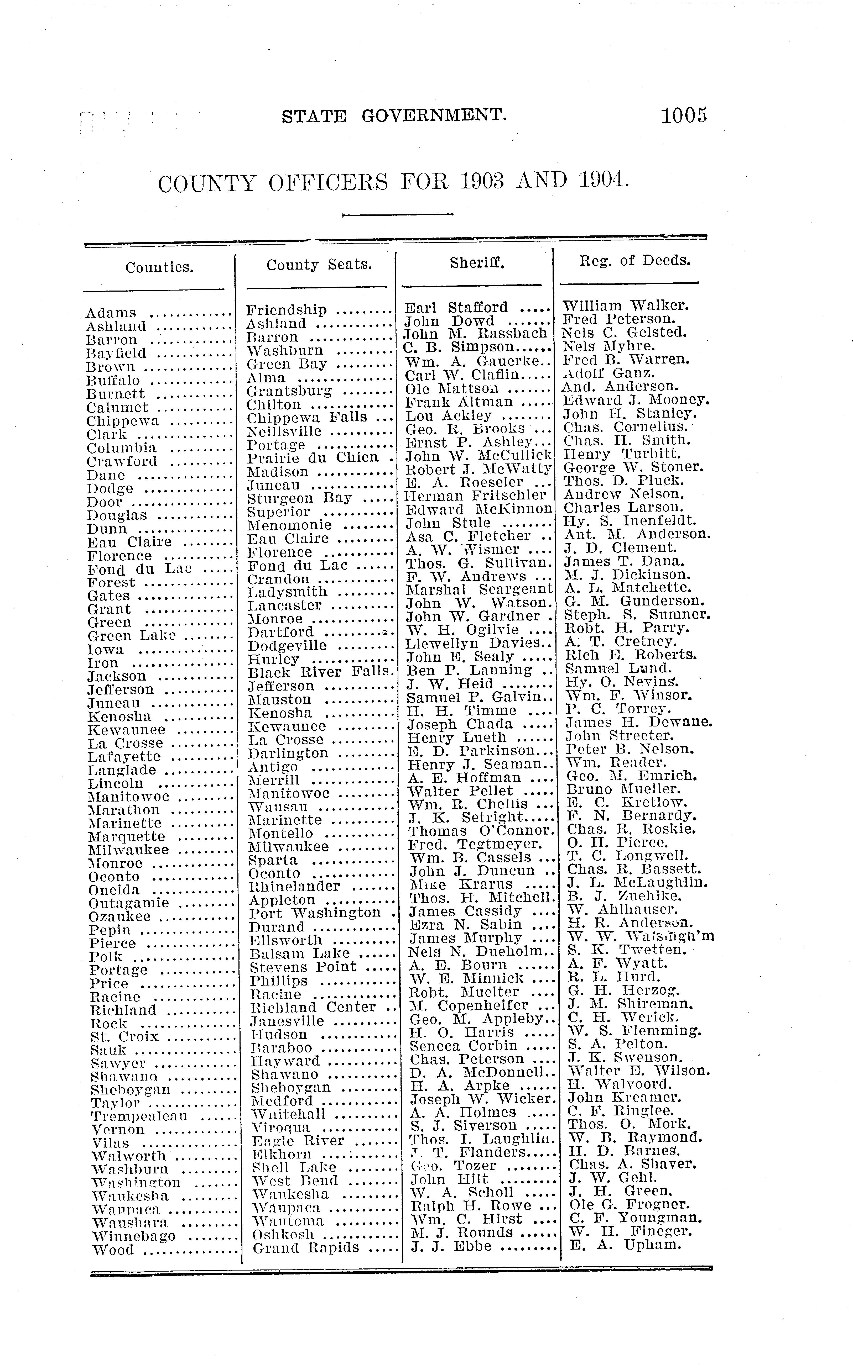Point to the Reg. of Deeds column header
635,260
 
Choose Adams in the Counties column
111,313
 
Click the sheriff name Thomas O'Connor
479,831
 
